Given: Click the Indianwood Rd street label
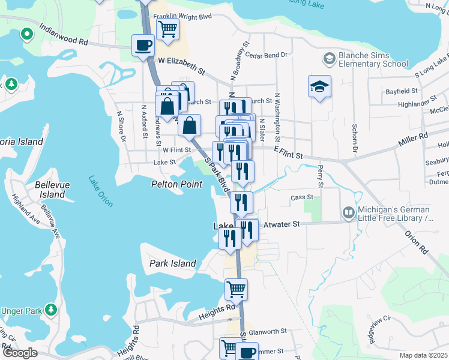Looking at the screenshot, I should pyautogui.click(x=63, y=35).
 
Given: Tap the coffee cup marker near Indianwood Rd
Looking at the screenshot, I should pyautogui.click(x=143, y=46).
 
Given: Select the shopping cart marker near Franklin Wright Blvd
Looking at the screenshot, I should pyautogui.click(x=168, y=28).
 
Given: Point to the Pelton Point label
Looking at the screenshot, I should pyautogui.click(x=176, y=184).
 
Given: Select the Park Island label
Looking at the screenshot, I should pyautogui.click(x=173, y=263).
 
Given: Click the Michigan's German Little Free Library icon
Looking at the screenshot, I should pyautogui.click(x=348, y=213).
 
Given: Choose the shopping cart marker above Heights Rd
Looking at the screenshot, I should pyautogui.click(x=237, y=289).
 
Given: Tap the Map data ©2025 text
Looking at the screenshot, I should pyautogui.click(x=423, y=355).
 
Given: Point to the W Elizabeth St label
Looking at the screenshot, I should pyautogui.click(x=182, y=66).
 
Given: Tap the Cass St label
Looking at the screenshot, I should pyautogui.click(x=302, y=197).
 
